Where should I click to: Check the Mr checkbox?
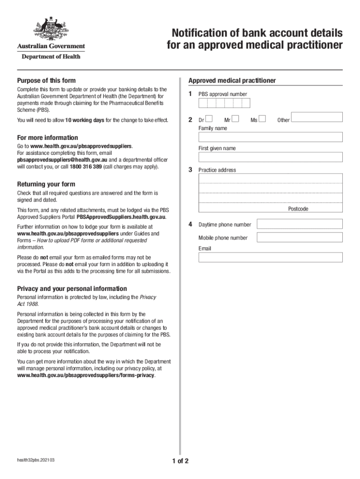point(236,119)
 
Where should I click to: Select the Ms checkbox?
point(262,119)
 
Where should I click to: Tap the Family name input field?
point(270,137)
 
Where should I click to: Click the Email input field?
point(270,257)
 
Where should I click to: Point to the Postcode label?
point(298,209)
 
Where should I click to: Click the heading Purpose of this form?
point(46,80)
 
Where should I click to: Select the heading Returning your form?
point(46,184)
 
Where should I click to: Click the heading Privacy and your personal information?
point(72,289)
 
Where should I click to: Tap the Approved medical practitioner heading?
point(232,80)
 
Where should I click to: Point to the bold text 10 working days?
point(85,120)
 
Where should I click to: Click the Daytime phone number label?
point(224,225)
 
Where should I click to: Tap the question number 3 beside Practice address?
point(190,169)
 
